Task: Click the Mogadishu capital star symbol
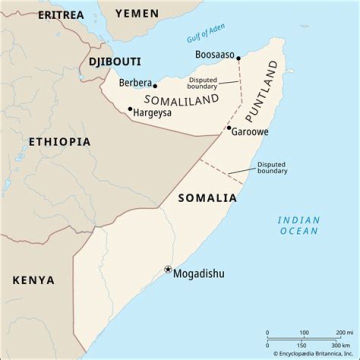click(x=168, y=269)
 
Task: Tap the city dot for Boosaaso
click(x=238, y=58)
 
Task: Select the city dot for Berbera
click(x=155, y=86)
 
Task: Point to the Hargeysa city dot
click(x=130, y=108)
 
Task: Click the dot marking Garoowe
click(x=229, y=128)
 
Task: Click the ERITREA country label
click(x=61, y=15)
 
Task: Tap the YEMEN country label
click(x=137, y=13)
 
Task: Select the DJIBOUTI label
click(x=114, y=62)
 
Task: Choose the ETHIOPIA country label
click(x=59, y=142)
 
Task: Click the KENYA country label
click(x=33, y=280)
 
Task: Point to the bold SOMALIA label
click(x=207, y=198)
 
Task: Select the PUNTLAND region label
click(x=261, y=91)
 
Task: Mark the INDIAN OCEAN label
click(x=299, y=225)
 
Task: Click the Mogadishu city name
click(x=198, y=273)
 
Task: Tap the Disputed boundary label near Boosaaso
click(x=202, y=83)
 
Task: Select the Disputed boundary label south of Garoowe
click(x=272, y=167)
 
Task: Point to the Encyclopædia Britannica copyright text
click(x=310, y=353)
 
